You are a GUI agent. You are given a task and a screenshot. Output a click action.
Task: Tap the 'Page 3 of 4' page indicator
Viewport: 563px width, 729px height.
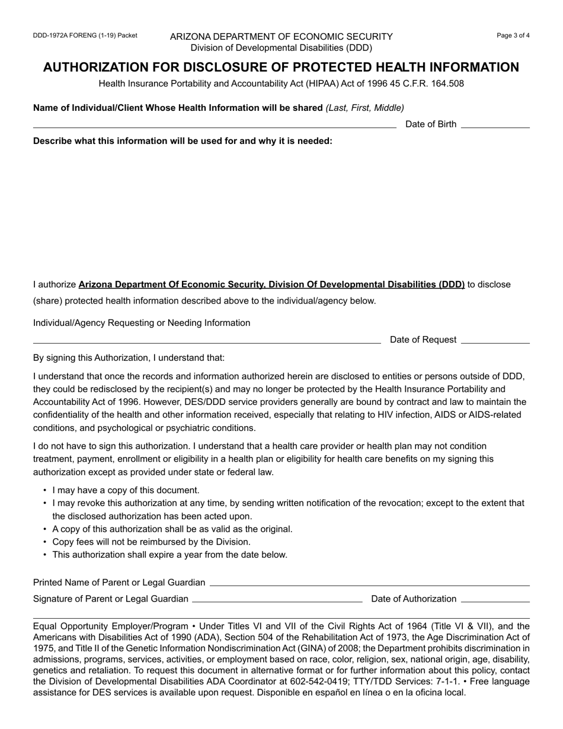coord(513,36)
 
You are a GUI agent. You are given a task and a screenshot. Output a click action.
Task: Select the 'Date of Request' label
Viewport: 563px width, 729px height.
coord(423,340)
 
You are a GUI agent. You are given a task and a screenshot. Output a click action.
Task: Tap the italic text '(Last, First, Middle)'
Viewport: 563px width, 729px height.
coord(364,108)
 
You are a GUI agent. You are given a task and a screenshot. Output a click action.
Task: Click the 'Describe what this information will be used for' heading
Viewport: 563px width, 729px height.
coord(183,141)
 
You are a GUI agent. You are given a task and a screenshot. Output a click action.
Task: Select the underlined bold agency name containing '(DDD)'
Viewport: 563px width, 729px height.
coord(271,284)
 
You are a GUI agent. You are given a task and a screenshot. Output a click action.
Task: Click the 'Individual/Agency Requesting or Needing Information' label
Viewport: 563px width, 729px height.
coord(142,323)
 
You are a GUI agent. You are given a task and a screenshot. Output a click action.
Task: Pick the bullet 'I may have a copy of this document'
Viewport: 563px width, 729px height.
coord(126,490)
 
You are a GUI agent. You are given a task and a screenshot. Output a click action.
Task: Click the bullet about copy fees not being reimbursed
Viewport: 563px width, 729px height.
coord(151,542)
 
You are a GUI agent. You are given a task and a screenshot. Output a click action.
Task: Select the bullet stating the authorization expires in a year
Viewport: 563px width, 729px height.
coord(169,555)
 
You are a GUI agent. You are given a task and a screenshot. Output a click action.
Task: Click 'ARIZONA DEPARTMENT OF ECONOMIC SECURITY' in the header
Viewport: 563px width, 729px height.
coord(281,37)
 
